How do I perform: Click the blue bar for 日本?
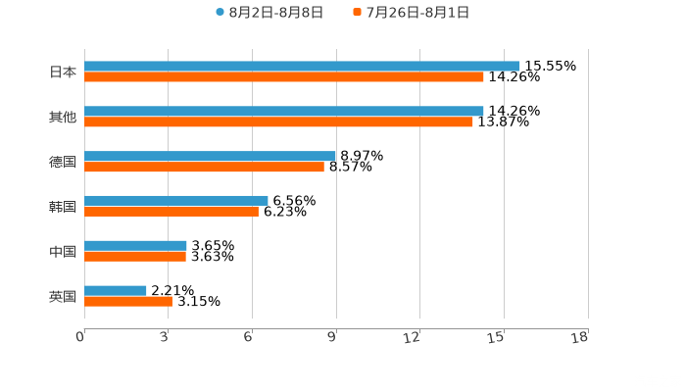pyautogui.click(x=302, y=66)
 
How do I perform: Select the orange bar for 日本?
pyautogui.click(x=284, y=76)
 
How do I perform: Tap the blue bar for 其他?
pyautogui.click(x=284, y=111)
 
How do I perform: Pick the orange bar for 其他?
pyautogui.click(x=278, y=122)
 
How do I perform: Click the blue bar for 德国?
pyautogui.click(x=210, y=156)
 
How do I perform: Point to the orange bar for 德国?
pyautogui.click(x=204, y=167)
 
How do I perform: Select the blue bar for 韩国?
pyautogui.click(x=176, y=200)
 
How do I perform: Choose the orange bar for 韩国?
pyautogui.click(x=171, y=211)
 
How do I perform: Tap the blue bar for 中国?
pyautogui.click(x=135, y=245)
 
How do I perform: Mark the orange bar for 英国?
pyautogui.click(x=128, y=301)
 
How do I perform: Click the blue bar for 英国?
pyautogui.click(x=116, y=290)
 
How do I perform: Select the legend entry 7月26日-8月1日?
pyautogui.click(x=417, y=12)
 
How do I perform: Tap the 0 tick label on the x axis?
pyautogui.click(x=81, y=337)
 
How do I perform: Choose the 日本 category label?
pyautogui.click(x=63, y=72)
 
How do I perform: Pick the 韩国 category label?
pyautogui.click(x=63, y=206)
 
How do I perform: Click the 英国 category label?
pyautogui.click(x=63, y=296)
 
